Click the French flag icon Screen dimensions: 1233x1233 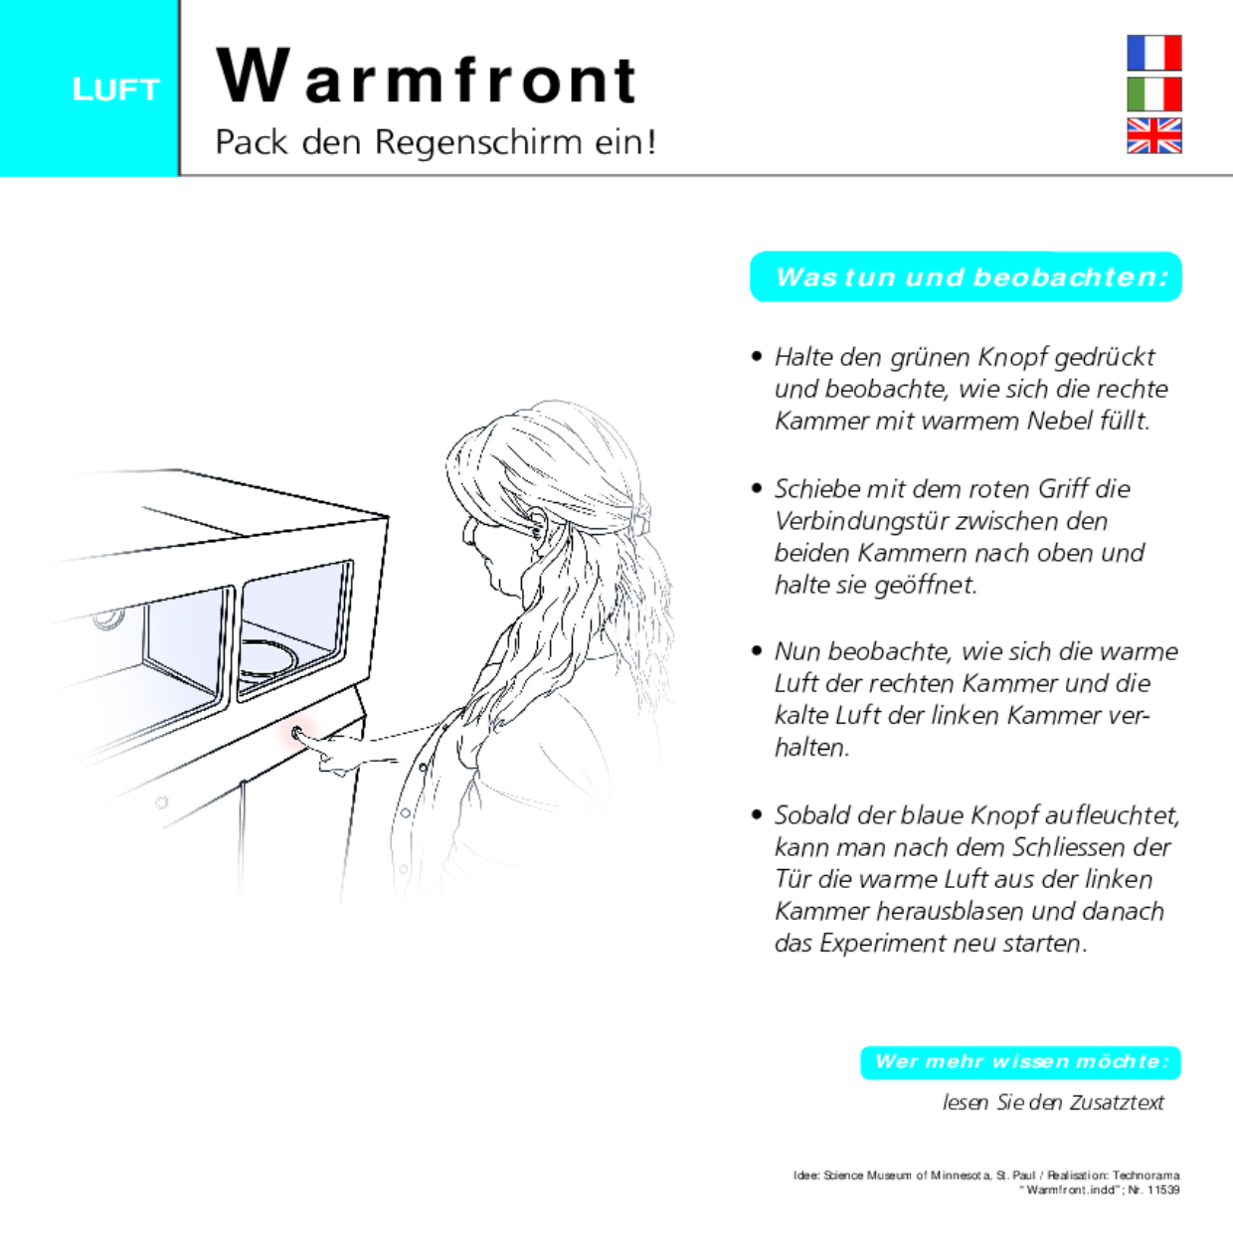tap(1153, 53)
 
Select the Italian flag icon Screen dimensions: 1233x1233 tap(1153, 94)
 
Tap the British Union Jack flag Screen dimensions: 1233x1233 tap(1153, 135)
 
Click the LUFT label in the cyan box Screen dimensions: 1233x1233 tap(115, 89)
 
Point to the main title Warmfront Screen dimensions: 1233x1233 tap(426, 78)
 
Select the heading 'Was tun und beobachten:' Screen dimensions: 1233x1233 tap(969, 276)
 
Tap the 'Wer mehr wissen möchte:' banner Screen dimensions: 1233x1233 tap(1021, 1061)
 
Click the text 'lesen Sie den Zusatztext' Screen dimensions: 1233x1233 tap(1053, 1102)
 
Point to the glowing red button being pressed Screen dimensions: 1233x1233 tap(298, 735)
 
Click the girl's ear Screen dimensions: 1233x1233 tap(538, 524)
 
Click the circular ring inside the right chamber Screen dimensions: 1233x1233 tap(268, 657)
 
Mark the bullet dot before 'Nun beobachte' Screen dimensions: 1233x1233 tap(757, 651)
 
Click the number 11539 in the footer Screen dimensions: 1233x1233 tap(1162, 1190)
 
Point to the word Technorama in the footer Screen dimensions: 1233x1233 tap(1145, 1175)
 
